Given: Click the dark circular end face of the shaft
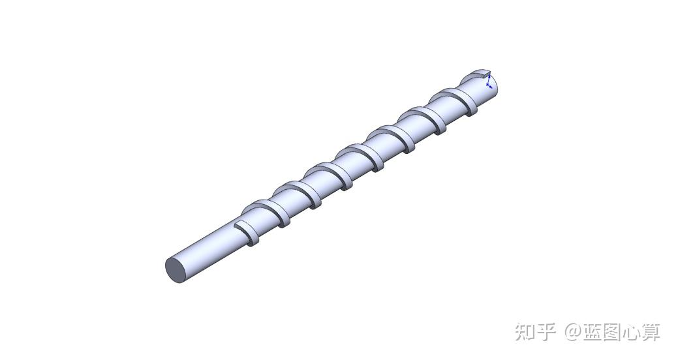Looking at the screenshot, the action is click(x=177, y=270).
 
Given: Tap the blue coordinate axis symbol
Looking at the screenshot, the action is click(x=489, y=82).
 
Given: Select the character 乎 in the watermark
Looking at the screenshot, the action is click(x=547, y=332).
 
